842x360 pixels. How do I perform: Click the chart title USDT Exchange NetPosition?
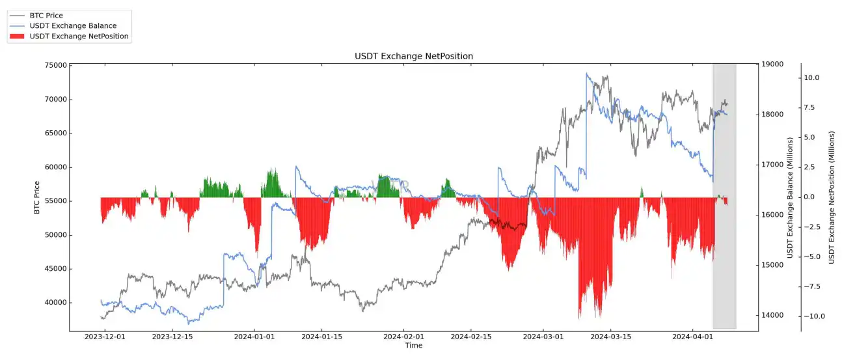414,57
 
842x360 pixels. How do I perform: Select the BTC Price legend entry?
46,15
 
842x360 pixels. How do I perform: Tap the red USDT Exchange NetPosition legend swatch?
18,36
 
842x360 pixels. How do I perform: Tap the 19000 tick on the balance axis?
772,64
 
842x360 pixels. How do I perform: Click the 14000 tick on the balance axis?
772,316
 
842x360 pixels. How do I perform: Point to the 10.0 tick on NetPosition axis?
811,77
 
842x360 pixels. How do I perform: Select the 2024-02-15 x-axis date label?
469,337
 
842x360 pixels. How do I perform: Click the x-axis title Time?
414,346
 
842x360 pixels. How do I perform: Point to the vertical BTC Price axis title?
36,198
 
